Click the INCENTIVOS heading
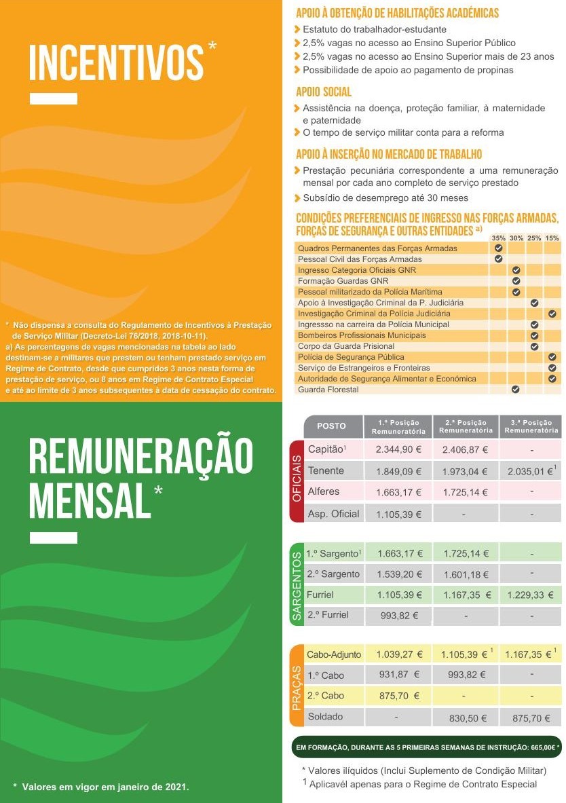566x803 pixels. pos(116,62)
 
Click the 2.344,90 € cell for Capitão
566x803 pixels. pos(398,449)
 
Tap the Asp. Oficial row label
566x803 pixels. pos(333,513)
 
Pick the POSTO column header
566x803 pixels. pos(331,426)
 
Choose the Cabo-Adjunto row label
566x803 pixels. pos(334,654)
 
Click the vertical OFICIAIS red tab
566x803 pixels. pos(297,481)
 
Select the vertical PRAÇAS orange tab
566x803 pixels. pos(297,686)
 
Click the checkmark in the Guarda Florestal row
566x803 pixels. pos(516,390)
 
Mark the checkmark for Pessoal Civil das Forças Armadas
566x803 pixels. pos(498,259)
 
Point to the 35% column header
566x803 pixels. pos(498,238)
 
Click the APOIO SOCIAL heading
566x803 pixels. pos(324,92)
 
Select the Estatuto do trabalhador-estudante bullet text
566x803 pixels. pos(375,29)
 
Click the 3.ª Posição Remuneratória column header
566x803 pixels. pos(531,426)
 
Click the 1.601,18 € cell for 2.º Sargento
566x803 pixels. pos(466,575)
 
